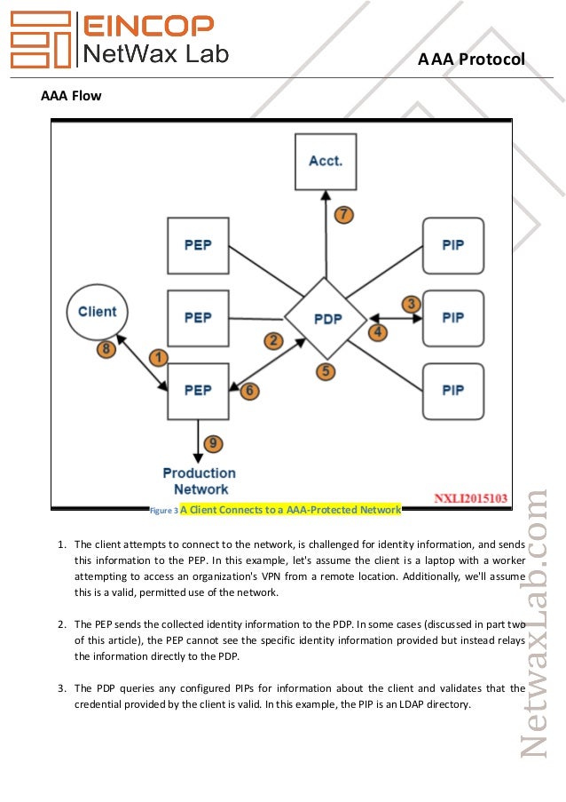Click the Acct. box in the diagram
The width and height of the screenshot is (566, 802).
click(326, 162)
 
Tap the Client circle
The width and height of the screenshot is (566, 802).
click(98, 312)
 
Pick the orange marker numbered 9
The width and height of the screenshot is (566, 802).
click(213, 443)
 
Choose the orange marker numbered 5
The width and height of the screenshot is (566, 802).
click(326, 371)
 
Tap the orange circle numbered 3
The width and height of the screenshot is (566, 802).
click(411, 304)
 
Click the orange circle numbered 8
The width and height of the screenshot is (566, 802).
click(106, 349)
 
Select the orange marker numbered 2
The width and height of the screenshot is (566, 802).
click(272, 339)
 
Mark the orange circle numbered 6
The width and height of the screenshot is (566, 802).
click(249, 390)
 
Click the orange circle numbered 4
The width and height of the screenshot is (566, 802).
click(378, 332)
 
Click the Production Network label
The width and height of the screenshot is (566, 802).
click(200, 480)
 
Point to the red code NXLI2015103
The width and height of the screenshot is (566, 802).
click(471, 499)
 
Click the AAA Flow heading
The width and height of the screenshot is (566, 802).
click(72, 95)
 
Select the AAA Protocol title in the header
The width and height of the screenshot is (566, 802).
click(472, 59)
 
